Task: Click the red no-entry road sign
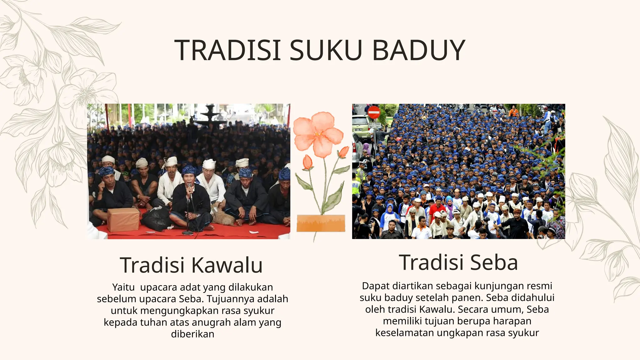point(374,112)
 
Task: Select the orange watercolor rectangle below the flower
point(321,223)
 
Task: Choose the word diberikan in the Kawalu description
point(192,334)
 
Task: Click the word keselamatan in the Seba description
point(405,333)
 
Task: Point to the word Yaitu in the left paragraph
point(123,287)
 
